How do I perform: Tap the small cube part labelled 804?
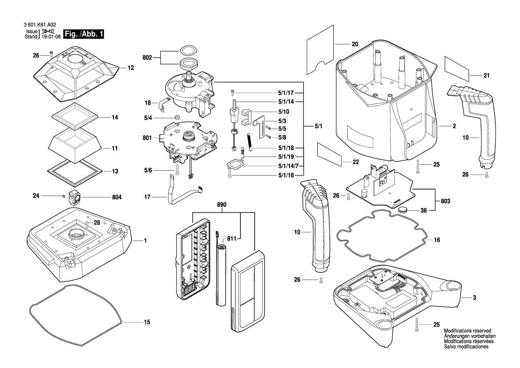pyautogui.click(x=73, y=196)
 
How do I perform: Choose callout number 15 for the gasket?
pyautogui.click(x=147, y=322)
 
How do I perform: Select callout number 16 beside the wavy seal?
pyautogui.click(x=437, y=240)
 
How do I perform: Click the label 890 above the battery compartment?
pyautogui.click(x=222, y=204)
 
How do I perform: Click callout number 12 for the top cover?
pyautogui.click(x=130, y=68)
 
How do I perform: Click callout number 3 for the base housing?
pyautogui.click(x=475, y=297)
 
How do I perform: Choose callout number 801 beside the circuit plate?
pyautogui.click(x=147, y=138)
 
